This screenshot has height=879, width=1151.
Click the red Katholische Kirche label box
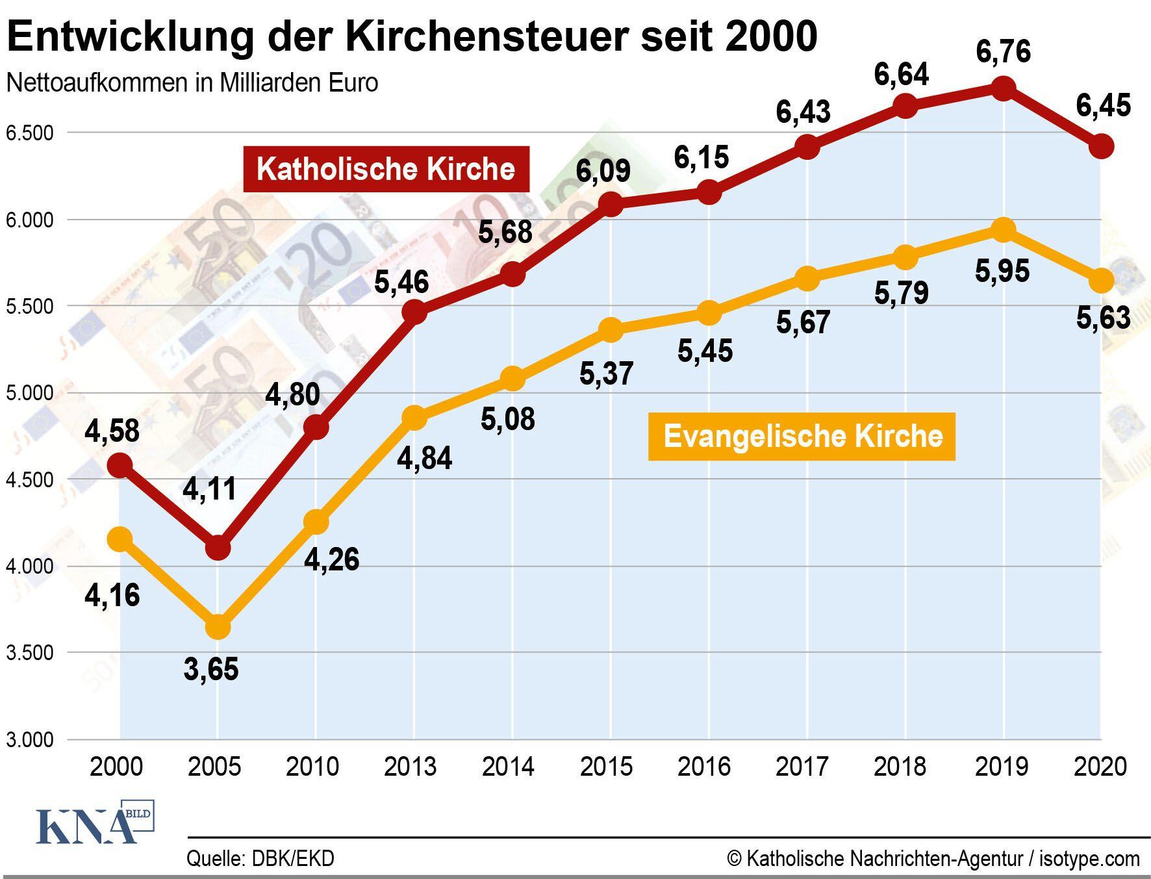coord(386,169)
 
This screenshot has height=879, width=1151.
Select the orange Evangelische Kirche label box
coord(802,436)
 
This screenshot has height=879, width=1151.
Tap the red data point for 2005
coord(218,548)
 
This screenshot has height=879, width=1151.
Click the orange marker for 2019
coord(1004,229)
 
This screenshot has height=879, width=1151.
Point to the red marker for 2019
coord(1004,88)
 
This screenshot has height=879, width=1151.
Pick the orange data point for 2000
coord(120,539)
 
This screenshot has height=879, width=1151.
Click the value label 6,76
coord(1003,51)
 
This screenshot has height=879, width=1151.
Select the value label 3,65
coord(211,669)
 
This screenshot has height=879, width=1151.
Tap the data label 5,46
coord(401,282)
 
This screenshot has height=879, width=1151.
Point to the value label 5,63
coord(1103,318)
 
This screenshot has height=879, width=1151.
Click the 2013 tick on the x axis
coord(411,767)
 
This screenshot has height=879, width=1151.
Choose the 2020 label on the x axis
coord(1100,767)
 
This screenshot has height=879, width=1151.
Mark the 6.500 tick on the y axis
coord(29,133)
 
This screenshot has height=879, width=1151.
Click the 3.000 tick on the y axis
coord(29,739)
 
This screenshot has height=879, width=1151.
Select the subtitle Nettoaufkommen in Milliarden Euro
coord(192,83)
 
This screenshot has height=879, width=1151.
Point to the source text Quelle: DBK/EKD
coord(260,858)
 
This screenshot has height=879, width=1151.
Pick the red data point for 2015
coord(610,205)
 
